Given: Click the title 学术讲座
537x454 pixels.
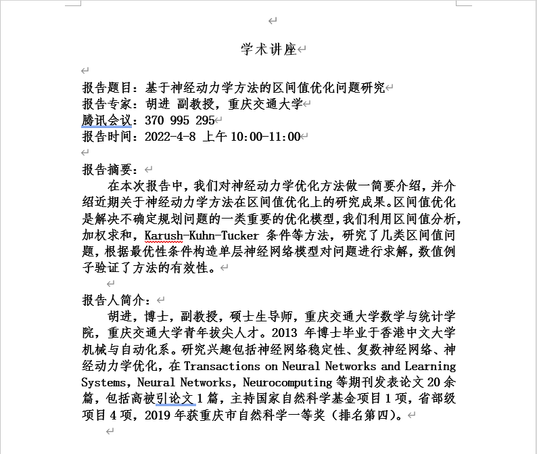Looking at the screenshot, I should pos(268,49).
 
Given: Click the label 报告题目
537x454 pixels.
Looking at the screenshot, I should pos(108,88).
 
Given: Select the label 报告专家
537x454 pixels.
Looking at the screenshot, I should pos(108,104).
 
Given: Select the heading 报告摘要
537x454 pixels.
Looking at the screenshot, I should pos(108,169).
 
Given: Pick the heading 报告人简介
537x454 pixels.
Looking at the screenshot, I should pos(114,300).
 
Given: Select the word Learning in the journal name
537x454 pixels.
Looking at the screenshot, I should pos(430,366).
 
